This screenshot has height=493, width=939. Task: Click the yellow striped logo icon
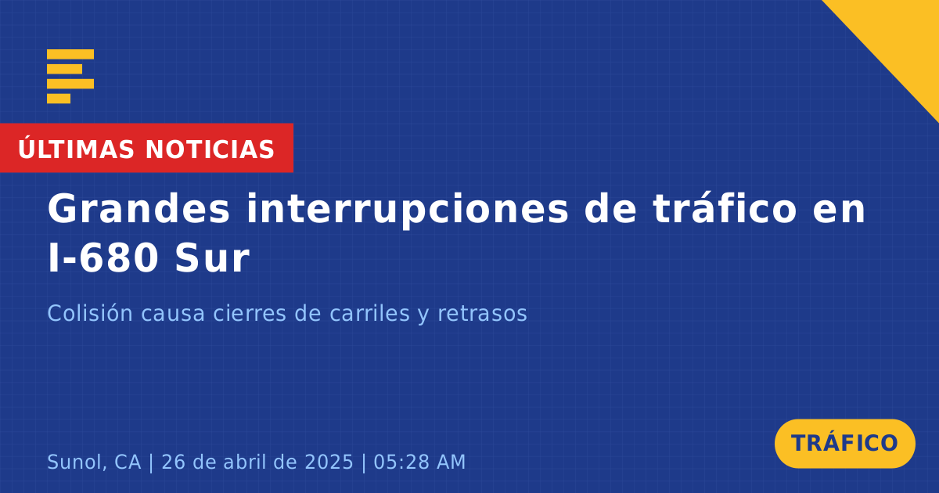(x=70, y=77)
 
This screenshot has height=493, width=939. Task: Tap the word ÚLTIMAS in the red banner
(x=76, y=149)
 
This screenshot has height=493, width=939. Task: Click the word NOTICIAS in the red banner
(x=210, y=149)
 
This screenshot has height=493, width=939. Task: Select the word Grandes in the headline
(x=139, y=209)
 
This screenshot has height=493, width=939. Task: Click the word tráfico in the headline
(x=725, y=207)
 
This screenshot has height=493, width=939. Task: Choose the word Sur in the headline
(x=212, y=258)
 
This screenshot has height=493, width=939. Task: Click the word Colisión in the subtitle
(x=90, y=313)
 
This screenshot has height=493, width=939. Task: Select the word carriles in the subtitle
(x=369, y=313)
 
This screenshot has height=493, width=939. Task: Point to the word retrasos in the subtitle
(x=483, y=314)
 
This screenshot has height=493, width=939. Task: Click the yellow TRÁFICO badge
(x=844, y=444)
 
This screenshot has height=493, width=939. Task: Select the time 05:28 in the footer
(x=401, y=462)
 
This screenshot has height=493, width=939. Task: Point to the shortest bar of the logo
(x=59, y=99)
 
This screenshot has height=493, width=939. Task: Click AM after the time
(x=451, y=462)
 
